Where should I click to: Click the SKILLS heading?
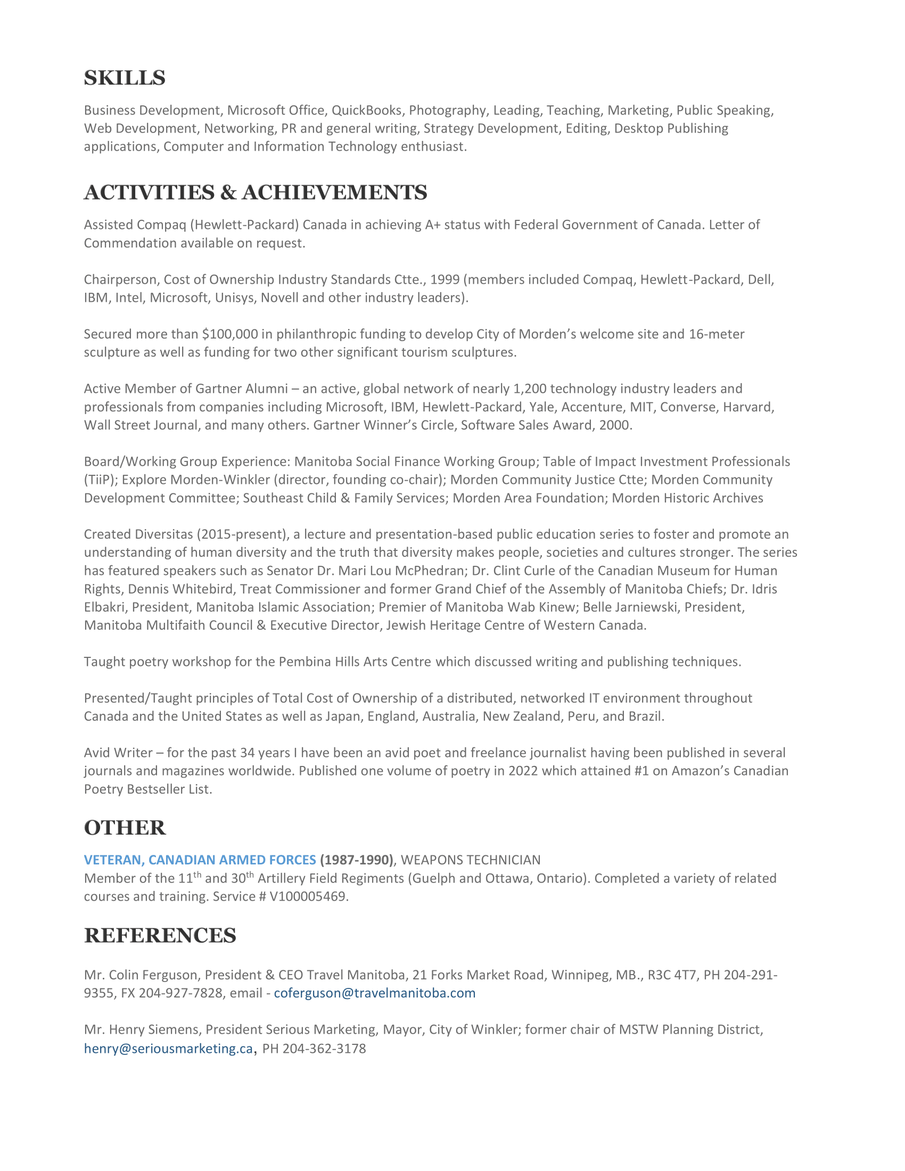point(125,78)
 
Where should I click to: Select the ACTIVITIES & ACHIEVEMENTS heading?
point(255,193)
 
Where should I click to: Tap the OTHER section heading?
point(125,828)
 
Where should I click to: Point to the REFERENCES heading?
point(160,936)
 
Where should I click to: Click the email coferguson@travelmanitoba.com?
point(374,993)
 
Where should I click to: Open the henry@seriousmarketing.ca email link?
point(168,1049)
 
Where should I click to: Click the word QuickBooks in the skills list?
point(366,111)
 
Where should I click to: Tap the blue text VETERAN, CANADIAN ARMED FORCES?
point(200,860)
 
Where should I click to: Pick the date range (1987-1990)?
point(357,860)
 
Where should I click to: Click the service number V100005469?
point(308,896)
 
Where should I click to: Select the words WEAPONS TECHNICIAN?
point(470,860)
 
